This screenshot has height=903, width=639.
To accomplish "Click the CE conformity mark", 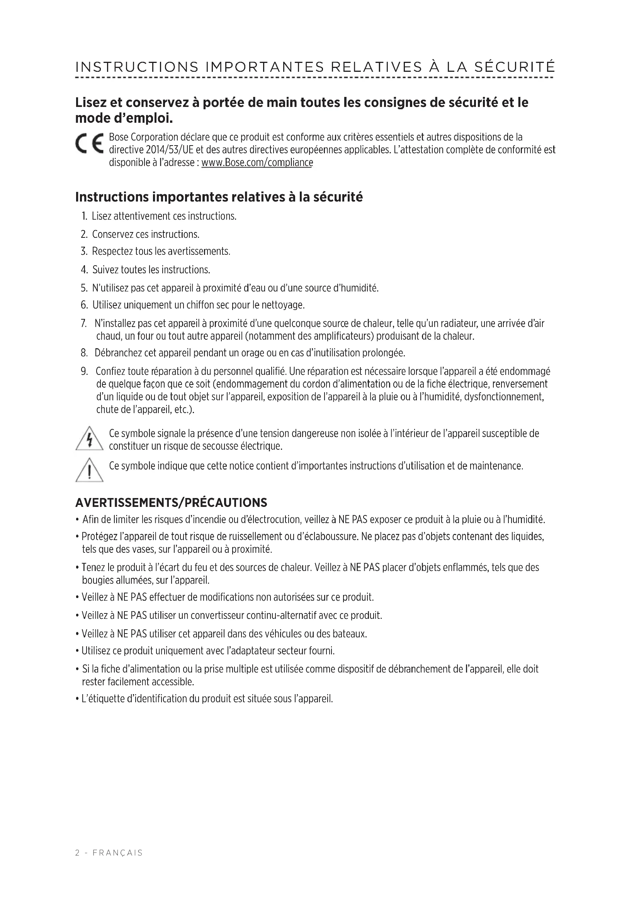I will click(89, 144).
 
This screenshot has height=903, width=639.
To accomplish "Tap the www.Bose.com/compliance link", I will click(257, 163).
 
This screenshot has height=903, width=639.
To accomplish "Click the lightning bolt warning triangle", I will click(89, 439).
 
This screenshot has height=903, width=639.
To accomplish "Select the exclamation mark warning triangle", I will click(89, 470).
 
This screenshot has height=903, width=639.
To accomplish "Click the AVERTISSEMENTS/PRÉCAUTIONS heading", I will click(171, 503).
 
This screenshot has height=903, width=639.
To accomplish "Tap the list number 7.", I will click(83, 324).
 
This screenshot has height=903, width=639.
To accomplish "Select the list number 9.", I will click(84, 371).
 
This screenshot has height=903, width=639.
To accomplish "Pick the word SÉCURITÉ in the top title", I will click(514, 67).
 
